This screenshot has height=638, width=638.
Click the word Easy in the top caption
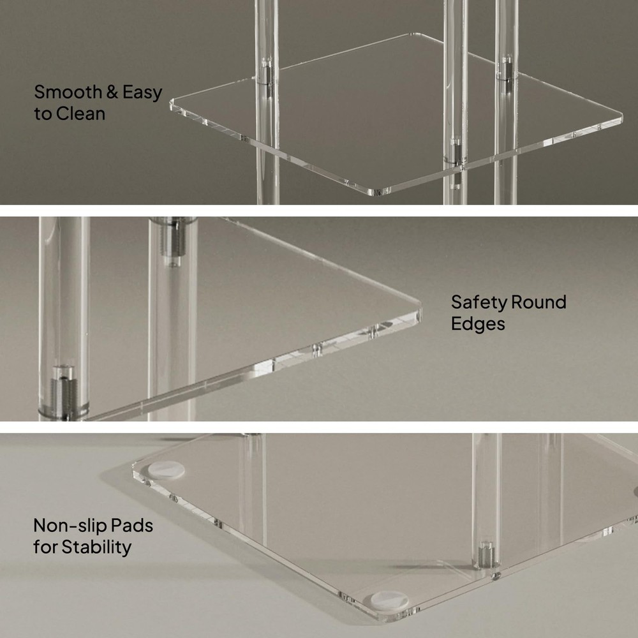(142, 93)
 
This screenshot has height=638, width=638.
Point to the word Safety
(478, 302)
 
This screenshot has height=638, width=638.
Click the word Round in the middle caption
(538, 302)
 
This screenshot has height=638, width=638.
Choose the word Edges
(478, 324)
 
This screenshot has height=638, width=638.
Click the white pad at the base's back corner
(166, 470)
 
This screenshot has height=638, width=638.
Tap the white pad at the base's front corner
(389, 600)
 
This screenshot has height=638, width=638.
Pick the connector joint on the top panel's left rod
(267, 73)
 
